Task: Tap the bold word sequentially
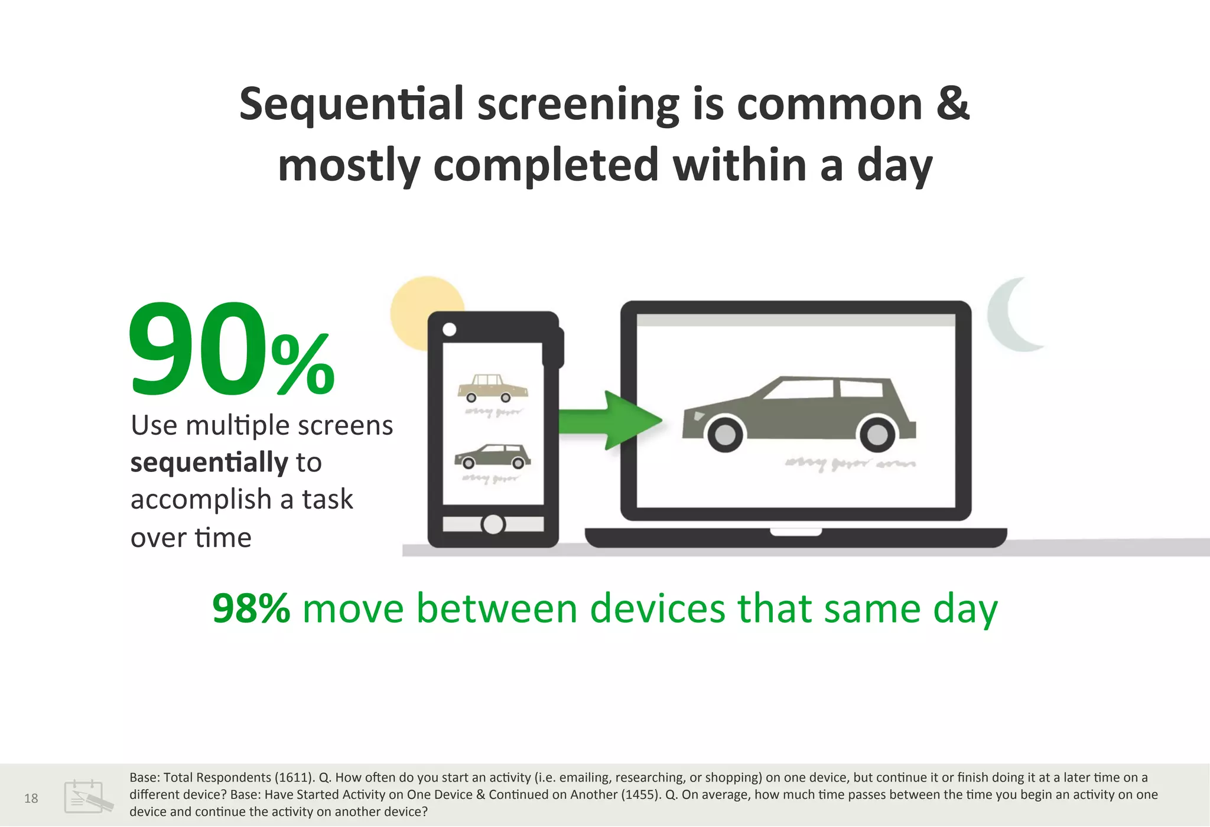209,463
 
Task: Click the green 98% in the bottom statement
251,608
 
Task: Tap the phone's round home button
493,524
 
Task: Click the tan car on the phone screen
492,388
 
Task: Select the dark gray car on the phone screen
492,456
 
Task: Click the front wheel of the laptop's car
725,435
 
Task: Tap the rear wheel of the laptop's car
877,435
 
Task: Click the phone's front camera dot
449,330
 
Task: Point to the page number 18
31,799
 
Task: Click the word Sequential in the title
351,104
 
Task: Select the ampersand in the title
952,104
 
